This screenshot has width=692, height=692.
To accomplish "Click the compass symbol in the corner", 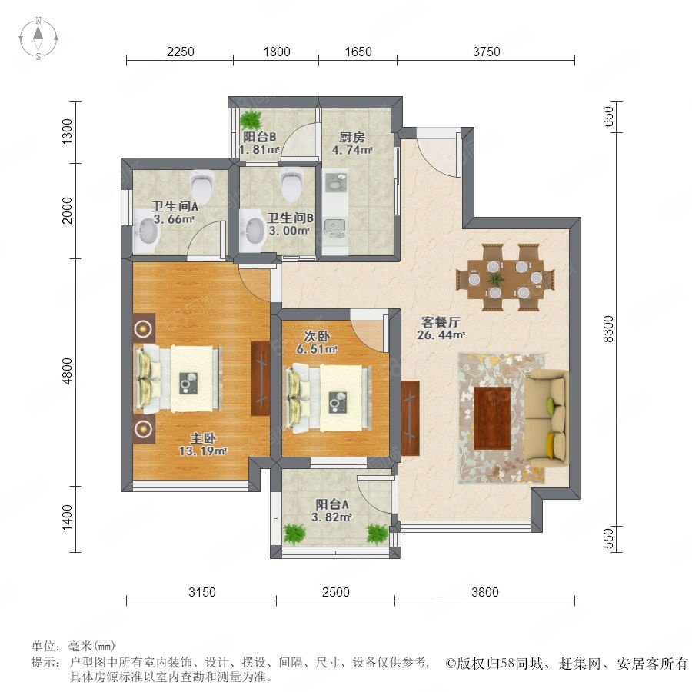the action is pyautogui.click(x=38, y=38).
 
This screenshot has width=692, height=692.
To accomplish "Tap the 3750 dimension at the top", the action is pyautogui.click(x=487, y=52).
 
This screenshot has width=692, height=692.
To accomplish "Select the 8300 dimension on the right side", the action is pyautogui.click(x=608, y=329).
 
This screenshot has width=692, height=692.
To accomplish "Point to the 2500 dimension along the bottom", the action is pyautogui.click(x=335, y=592).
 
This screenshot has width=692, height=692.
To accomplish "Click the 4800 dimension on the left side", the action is pyautogui.click(x=67, y=371).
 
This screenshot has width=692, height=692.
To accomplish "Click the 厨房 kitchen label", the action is pyautogui.click(x=351, y=138).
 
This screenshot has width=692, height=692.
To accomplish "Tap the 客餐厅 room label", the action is pyautogui.click(x=440, y=322).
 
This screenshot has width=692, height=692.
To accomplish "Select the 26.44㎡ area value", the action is pyautogui.click(x=441, y=335).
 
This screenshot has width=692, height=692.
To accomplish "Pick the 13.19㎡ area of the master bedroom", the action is pyautogui.click(x=202, y=451).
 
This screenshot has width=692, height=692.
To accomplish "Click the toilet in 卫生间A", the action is pyautogui.click(x=202, y=185).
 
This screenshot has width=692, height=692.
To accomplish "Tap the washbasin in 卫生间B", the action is pyautogui.click(x=252, y=231).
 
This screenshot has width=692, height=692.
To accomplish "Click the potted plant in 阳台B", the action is pyautogui.click(x=251, y=119).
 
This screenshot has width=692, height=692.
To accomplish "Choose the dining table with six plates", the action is pyautogui.click(x=505, y=278).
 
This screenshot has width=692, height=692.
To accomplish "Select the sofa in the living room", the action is pyautogui.click(x=545, y=419).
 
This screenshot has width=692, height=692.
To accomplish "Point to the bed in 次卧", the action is pyautogui.click(x=328, y=398).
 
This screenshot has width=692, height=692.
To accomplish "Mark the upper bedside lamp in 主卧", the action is pyautogui.click(x=144, y=328).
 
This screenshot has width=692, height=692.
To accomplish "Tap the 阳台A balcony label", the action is pyautogui.click(x=332, y=504).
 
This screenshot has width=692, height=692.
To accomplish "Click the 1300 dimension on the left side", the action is pyautogui.click(x=67, y=131).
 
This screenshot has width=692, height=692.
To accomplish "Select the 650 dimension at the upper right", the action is pyautogui.click(x=608, y=116).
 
